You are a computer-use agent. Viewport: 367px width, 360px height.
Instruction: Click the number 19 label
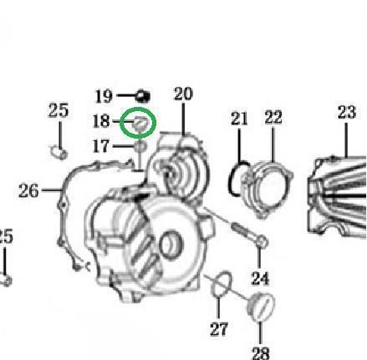point(104,96)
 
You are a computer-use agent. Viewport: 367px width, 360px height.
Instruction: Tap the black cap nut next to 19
point(143,96)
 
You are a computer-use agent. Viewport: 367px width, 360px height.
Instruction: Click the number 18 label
point(101,121)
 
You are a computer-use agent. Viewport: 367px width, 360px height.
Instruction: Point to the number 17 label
point(101,146)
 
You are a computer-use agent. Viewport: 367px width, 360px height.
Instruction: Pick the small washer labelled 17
point(140,146)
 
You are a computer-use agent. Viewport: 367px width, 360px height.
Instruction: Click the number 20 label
point(183,94)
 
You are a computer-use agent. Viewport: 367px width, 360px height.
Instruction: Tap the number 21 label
point(239,119)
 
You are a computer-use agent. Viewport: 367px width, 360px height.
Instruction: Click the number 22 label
point(273,117)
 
